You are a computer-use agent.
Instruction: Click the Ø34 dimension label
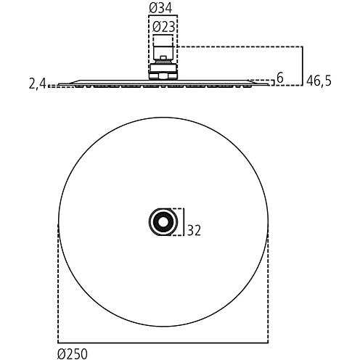coord(160,7)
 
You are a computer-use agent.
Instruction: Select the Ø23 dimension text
coord(164,27)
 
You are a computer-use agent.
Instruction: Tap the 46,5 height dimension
coord(319,81)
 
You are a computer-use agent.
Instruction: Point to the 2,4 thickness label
coord(37,84)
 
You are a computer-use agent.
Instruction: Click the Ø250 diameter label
coord(73,354)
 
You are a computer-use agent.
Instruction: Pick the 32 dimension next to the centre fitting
coord(194,230)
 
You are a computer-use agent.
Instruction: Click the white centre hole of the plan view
coord(163,222)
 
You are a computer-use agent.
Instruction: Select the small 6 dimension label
coord(279,78)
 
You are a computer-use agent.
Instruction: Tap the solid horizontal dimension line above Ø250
coord(163,343)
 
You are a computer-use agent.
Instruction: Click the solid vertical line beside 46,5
coord(303,66)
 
